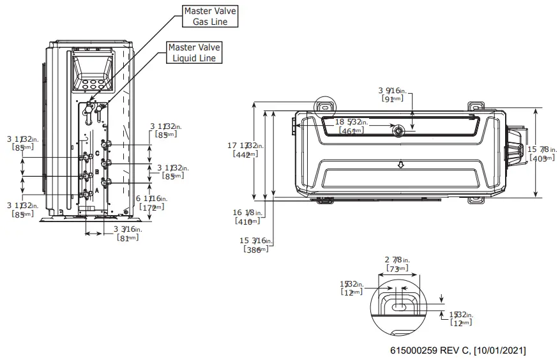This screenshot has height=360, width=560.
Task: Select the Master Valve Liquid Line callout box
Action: [x=194, y=52]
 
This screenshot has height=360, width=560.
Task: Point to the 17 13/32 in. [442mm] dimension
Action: [x=242, y=150]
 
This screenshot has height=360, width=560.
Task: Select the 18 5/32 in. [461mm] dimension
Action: [x=349, y=126]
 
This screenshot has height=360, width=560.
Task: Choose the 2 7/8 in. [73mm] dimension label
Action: [x=397, y=264]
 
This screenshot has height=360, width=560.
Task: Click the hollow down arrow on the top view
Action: [x=400, y=164]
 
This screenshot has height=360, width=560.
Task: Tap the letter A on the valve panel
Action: [x=96, y=190]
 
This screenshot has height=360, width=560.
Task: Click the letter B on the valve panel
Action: [x=96, y=172]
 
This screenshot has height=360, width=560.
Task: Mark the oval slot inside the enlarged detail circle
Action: [x=398, y=307]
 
